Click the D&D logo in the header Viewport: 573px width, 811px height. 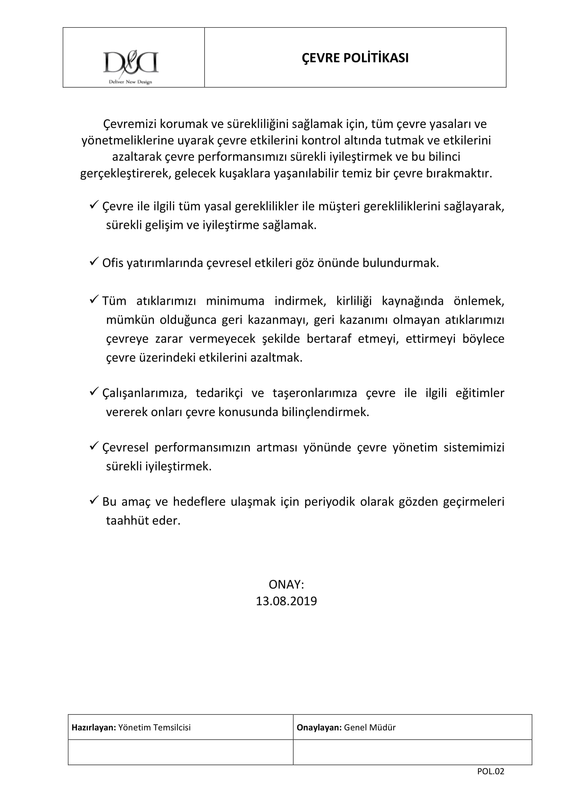131,63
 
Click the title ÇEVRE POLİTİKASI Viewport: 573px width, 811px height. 355,58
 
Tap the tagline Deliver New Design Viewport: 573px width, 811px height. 130,82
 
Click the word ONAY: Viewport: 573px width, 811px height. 286,585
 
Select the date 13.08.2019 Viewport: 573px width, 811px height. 286,601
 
